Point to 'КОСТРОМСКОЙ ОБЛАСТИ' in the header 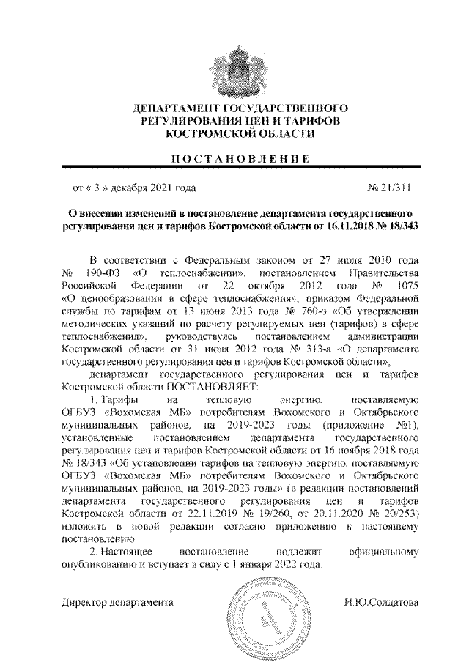(234, 134)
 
